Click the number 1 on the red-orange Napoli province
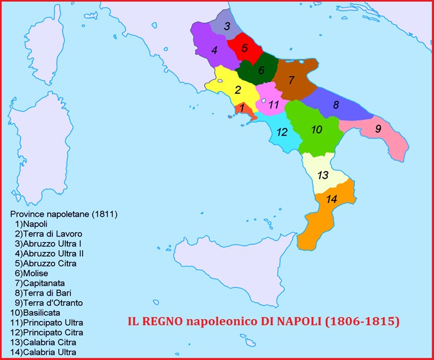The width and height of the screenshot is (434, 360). coord(241,108)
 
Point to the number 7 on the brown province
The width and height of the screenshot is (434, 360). coord(291,80)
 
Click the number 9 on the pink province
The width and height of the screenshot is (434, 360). coord(378,128)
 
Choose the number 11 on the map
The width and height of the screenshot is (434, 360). coord(273,105)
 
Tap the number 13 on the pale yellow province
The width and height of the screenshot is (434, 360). coord(323,175)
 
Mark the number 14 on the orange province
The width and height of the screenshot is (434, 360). coord(331,199)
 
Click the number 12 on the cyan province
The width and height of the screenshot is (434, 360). coord(282,132)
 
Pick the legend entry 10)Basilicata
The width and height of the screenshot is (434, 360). coord(35,313)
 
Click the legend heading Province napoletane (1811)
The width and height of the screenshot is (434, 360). coord(64,214)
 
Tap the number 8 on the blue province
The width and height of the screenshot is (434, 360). coord(336,105)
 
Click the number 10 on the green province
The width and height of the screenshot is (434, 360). coord(317,129)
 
